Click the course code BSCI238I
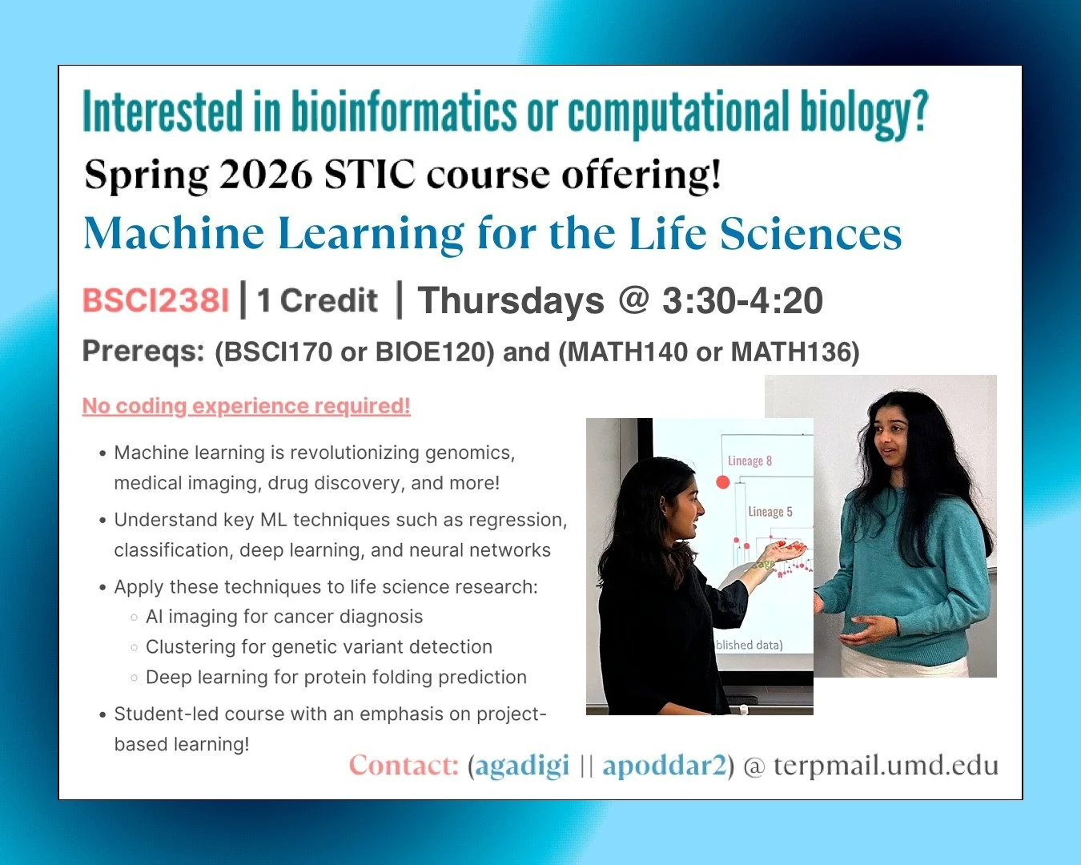(155, 301)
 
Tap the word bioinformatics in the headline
(404, 112)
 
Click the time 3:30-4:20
(742, 301)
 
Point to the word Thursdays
(511, 301)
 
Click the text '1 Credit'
(317, 301)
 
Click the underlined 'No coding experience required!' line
(246, 406)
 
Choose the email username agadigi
(522, 766)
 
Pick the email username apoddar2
(664, 766)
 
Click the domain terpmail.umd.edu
(886, 766)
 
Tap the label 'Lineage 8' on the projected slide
(749, 461)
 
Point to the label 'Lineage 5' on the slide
(770, 512)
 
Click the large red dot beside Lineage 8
(722, 481)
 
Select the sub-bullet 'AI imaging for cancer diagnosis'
(284, 617)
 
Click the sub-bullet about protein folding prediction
(336, 678)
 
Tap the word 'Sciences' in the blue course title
(810, 235)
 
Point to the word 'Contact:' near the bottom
(404, 766)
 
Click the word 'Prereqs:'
(143, 351)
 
